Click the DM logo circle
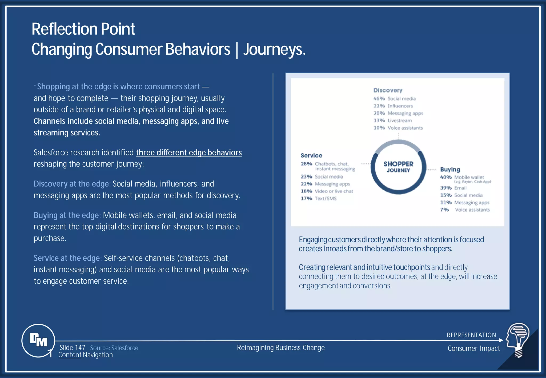click(38, 340)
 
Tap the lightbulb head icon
click(518, 340)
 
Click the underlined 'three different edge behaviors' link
click(189, 152)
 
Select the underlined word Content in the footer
click(70, 355)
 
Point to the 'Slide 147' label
click(72, 348)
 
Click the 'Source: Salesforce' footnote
click(114, 348)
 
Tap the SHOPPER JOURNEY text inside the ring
click(398, 167)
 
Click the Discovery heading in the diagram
click(388, 90)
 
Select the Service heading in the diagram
click(311, 155)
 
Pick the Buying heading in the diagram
click(450, 170)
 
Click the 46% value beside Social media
click(379, 99)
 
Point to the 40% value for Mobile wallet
click(446, 177)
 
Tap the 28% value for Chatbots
click(306, 164)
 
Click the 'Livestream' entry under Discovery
click(400, 120)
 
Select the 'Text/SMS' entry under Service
click(326, 199)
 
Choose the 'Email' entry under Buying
click(460, 188)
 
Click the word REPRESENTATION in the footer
click(471, 335)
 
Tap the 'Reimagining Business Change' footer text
click(281, 348)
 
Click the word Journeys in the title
click(274, 49)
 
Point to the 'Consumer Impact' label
click(474, 348)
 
